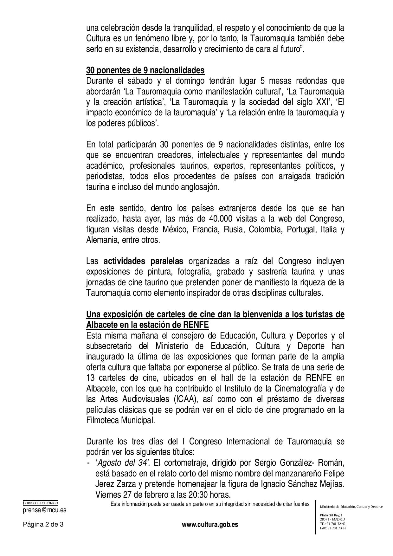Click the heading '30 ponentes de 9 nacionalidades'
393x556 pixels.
(x=145, y=70)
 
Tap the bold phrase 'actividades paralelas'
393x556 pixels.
(x=143, y=261)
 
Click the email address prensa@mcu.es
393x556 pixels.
(x=45, y=510)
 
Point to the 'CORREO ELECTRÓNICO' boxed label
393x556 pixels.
(x=41, y=503)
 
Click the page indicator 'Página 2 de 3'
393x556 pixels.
(x=43, y=524)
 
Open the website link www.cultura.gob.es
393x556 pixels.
(x=210, y=524)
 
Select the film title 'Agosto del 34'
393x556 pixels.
(x=122, y=462)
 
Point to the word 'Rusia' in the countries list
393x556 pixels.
(x=233, y=229)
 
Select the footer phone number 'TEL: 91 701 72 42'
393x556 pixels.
(x=333, y=524)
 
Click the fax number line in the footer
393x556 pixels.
(x=333, y=528)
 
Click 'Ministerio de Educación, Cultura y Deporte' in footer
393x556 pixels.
(x=351, y=507)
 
